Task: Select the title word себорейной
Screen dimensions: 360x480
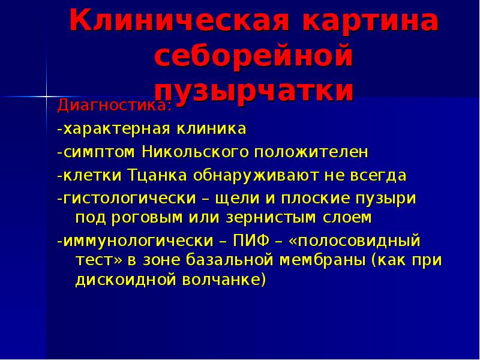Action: (253, 58)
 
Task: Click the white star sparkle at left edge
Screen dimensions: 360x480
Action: (46, 95)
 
